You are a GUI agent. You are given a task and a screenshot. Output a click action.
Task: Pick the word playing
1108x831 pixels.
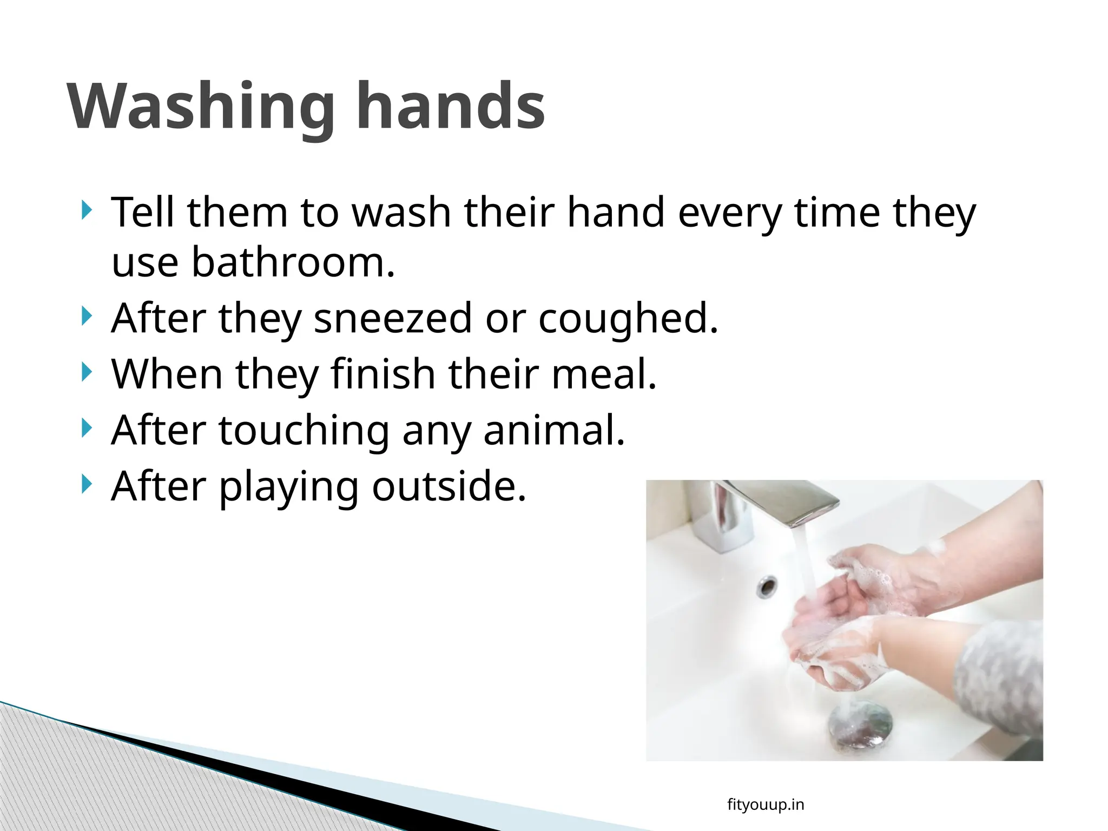(289, 487)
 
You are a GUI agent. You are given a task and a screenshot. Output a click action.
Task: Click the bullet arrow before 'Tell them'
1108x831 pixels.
(85, 210)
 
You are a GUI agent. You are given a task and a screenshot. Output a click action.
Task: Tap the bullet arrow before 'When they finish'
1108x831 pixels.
(85, 372)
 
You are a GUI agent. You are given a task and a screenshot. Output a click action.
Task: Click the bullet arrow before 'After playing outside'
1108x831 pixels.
(85, 484)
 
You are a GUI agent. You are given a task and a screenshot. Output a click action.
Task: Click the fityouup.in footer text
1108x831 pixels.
(766, 805)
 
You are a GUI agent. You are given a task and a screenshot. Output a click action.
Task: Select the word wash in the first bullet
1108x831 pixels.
(401, 212)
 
